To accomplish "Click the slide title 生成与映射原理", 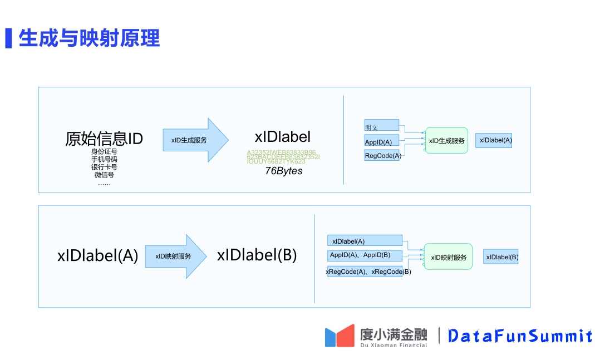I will pyautogui.click(x=89, y=38).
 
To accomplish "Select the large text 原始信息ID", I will pyautogui.click(x=104, y=139).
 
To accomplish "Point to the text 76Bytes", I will pyautogui.click(x=283, y=171).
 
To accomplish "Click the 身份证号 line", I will pyautogui.click(x=104, y=151).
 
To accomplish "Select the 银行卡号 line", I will pyautogui.click(x=104, y=167).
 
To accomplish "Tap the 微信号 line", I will pyautogui.click(x=104, y=175).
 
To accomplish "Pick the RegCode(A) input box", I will pyautogui.click(x=382, y=156).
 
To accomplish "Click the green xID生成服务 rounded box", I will pyautogui.click(x=446, y=141).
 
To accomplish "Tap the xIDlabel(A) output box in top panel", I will pyautogui.click(x=494, y=140).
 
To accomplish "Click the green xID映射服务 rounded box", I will pyautogui.click(x=448, y=257).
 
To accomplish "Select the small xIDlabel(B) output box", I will pyautogui.click(x=501, y=257).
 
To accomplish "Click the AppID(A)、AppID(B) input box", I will pyautogui.click(x=365, y=255).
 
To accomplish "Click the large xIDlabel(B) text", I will pyautogui.click(x=257, y=255).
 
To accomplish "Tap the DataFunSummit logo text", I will pyautogui.click(x=520, y=336).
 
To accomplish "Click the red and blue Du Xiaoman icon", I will pyautogui.click(x=340, y=336).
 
